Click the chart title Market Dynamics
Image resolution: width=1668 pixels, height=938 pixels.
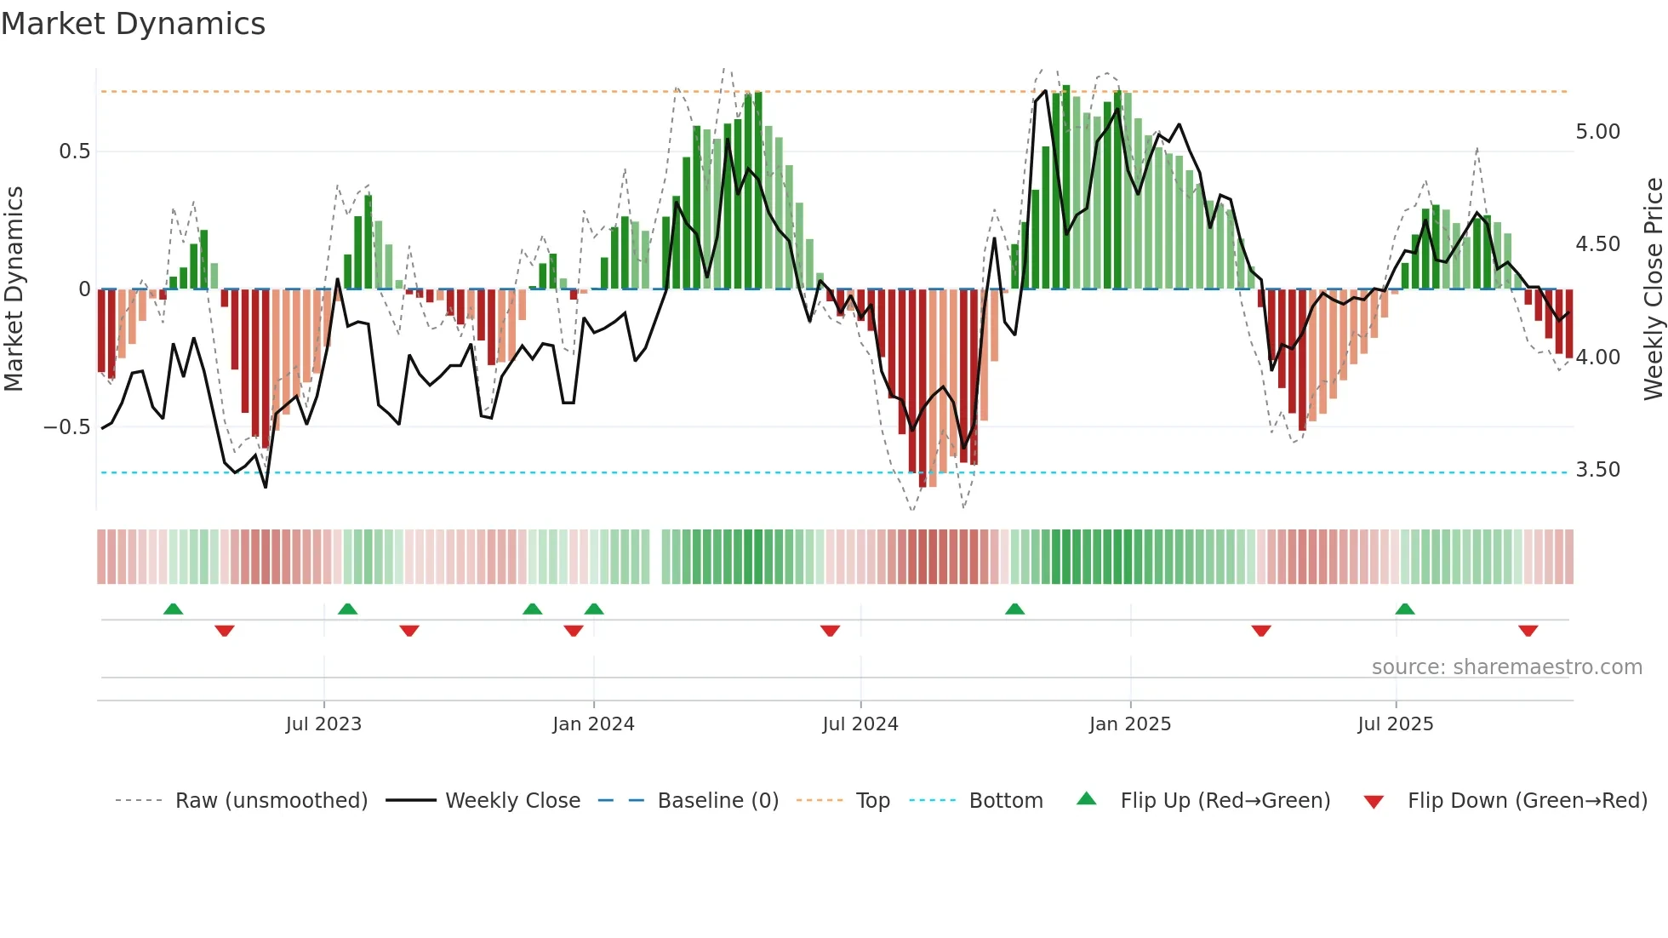[x=133, y=24]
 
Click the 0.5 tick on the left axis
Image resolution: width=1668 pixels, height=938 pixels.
[x=74, y=152]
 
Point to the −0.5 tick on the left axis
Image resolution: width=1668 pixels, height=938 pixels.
[x=66, y=426]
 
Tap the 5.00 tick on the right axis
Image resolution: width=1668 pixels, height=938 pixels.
[x=1597, y=132]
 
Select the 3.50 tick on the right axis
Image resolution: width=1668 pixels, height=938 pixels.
[x=1597, y=470]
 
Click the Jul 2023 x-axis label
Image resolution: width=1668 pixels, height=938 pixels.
[x=323, y=724]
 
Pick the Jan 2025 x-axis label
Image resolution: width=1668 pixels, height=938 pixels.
[x=1129, y=724]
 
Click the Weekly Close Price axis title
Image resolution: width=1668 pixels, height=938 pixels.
[x=1653, y=289]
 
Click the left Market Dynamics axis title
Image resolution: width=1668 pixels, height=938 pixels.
[x=14, y=289]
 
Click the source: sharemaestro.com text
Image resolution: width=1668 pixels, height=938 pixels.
[x=1506, y=667]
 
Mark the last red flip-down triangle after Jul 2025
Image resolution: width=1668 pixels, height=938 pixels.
[x=1528, y=631]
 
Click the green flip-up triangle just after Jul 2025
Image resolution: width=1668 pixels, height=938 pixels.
[x=1405, y=609]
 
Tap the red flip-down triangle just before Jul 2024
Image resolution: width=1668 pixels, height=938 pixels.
[x=830, y=631]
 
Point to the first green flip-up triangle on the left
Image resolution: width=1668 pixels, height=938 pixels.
[x=173, y=609]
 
